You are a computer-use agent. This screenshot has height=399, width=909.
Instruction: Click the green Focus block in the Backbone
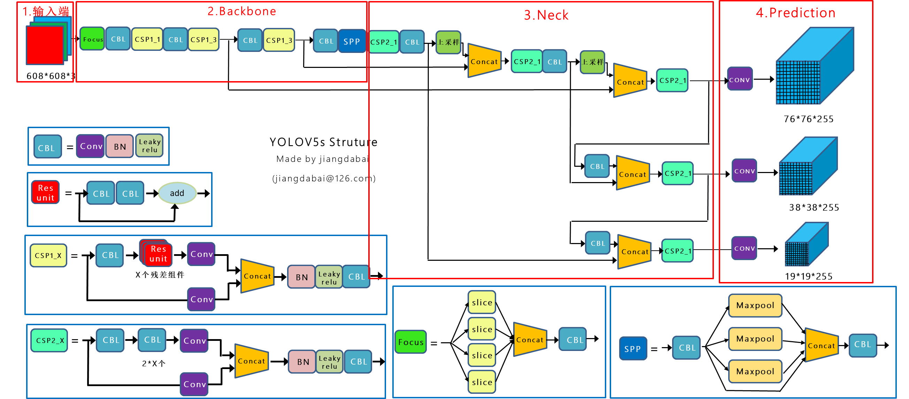coord(92,39)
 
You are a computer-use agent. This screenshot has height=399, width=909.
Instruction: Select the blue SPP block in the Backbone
coord(352,41)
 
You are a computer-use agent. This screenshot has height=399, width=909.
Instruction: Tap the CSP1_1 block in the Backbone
coord(147,39)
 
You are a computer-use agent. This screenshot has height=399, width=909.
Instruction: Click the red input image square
coord(45,46)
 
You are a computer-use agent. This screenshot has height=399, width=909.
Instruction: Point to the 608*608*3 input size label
coord(51,76)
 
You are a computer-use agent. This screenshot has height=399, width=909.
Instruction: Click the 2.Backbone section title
coord(241,11)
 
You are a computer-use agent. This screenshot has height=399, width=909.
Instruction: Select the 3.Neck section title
coord(546,15)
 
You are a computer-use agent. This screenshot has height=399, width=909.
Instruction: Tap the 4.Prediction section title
coord(795,13)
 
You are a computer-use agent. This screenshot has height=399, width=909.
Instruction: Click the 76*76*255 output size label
coord(808,119)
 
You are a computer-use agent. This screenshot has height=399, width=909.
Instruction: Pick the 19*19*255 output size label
coord(808,276)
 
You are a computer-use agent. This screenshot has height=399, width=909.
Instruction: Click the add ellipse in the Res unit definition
coord(177,193)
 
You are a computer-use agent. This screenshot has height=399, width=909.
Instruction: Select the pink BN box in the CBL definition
coord(120,147)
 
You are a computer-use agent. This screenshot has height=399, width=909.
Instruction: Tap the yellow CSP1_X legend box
coord(48,256)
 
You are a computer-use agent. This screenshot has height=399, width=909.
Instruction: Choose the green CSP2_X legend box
coord(49,341)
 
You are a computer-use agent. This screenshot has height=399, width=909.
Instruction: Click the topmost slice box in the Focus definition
coord(482,303)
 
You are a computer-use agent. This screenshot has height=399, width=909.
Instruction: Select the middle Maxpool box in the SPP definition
coord(755,339)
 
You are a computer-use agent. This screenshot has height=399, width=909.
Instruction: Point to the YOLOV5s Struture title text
coord(323,142)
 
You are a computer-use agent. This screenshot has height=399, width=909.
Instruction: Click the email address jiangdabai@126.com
coord(324,178)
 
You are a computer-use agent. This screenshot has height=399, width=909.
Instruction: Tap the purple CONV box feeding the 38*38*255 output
coord(744,171)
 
